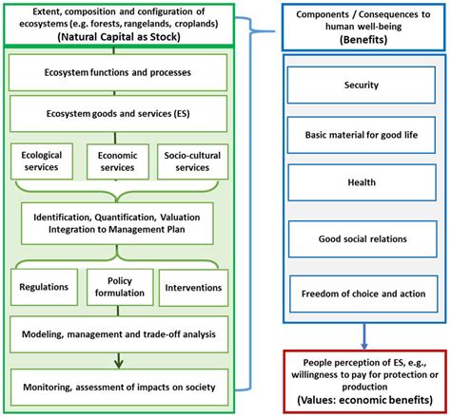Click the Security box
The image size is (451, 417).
362,85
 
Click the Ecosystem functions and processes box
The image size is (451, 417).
119,72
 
